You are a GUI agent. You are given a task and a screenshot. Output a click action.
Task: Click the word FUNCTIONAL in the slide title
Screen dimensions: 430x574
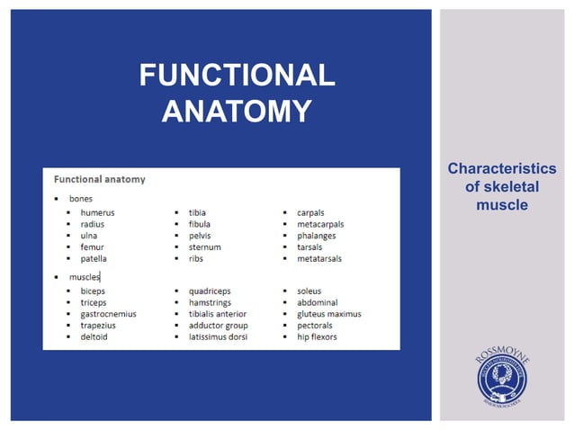tap(237, 76)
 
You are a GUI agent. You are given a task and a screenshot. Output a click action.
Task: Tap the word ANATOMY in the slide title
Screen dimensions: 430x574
tap(237, 111)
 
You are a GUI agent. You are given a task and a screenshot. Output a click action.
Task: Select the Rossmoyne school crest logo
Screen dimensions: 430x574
tap(502, 377)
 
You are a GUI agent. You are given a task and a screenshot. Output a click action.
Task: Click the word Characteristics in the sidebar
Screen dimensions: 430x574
tap(501, 169)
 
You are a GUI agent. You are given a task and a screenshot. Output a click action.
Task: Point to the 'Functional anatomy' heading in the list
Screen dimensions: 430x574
tap(100, 179)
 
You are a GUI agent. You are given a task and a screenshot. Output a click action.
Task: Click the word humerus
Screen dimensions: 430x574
tap(97, 212)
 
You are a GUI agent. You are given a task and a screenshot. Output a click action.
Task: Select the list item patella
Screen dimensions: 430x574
tap(94, 258)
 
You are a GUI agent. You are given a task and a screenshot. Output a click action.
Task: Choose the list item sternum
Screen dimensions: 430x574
tap(204, 246)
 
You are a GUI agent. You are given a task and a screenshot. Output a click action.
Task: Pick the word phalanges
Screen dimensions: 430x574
tap(318, 236)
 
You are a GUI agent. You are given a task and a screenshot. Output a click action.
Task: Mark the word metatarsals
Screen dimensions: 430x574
tap(319, 258)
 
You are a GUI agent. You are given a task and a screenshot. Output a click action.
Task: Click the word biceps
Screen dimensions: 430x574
tap(93, 291)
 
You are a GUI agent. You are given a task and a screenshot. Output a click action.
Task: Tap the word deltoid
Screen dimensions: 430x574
tap(94, 336)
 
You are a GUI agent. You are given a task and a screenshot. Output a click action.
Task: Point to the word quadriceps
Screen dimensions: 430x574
tap(210, 291)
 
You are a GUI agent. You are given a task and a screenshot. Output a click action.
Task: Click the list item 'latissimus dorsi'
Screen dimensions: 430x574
tap(218, 336)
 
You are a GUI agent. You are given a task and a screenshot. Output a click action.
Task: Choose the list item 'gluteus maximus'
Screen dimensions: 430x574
tap(328, 314)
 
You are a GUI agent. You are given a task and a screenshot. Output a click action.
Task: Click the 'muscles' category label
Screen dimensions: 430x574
tap(85, 277)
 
